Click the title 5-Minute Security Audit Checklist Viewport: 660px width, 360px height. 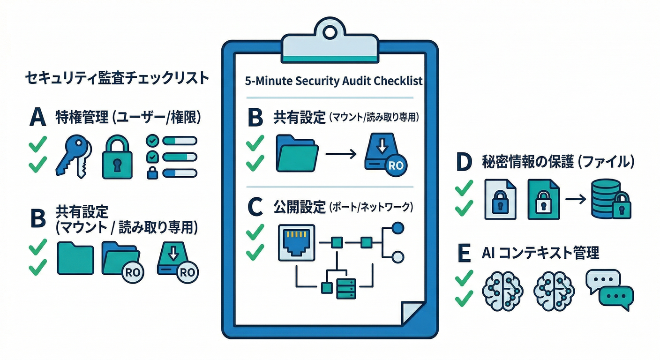334,81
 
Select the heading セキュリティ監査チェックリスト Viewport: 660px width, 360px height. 116,78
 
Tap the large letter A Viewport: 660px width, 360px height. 37,118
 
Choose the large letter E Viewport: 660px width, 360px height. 463,254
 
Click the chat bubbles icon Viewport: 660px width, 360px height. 609,289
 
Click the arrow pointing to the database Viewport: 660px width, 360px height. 575,199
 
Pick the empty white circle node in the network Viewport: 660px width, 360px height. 397,257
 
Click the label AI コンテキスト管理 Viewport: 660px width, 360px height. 540,254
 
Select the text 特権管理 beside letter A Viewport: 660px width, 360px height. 82,118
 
